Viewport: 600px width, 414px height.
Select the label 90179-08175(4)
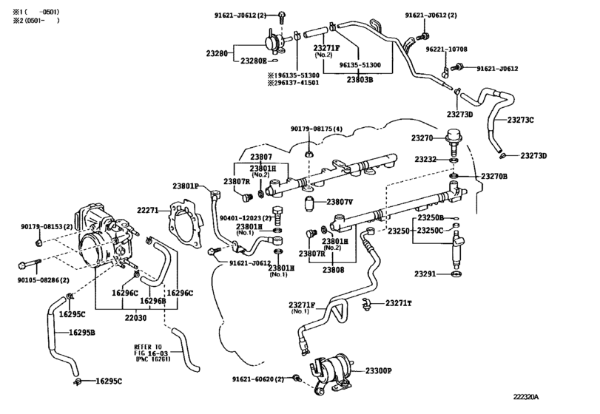coord(317,129)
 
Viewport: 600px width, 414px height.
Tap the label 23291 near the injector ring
coord(429,274)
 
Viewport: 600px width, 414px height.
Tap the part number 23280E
coord(254,61)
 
